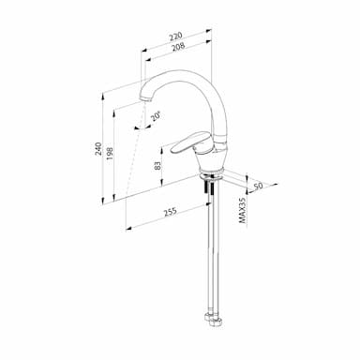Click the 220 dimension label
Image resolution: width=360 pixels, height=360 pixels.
(175, 37)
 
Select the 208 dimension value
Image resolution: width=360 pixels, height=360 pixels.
(178, 47)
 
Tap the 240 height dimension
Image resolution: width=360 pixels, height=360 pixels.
(98, 149)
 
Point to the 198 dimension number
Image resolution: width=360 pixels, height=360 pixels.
(110, 154)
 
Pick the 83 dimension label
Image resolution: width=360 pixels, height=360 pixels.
(158, 165)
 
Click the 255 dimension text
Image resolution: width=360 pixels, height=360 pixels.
(171, 212)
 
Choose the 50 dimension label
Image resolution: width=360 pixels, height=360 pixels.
(258, 186)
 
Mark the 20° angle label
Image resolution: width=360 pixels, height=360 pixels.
(156, 116)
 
